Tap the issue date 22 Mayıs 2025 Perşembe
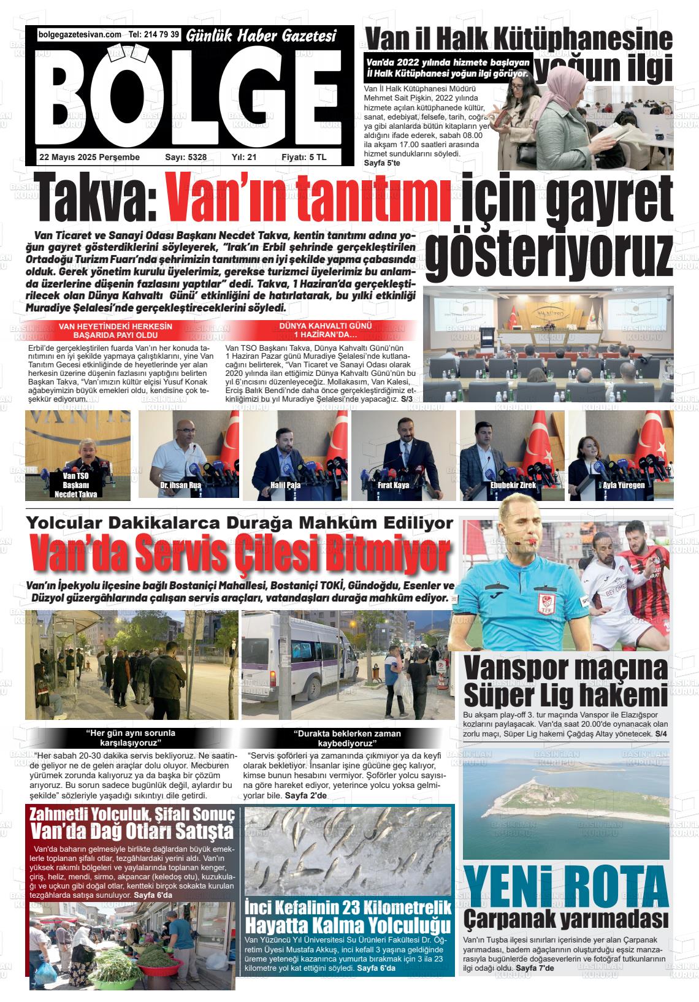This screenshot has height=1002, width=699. coord(90,158)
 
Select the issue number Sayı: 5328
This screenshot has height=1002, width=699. coord(186,158)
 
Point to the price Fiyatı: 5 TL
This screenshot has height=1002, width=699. coord(304,158)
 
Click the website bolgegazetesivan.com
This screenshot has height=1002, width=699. coord(80,35)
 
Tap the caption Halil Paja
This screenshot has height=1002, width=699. coord(286,486)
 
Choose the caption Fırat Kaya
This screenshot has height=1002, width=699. coord(394,486)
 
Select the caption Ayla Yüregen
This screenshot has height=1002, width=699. coord(624,486)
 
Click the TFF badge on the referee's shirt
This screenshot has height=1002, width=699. coord(543,602)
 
